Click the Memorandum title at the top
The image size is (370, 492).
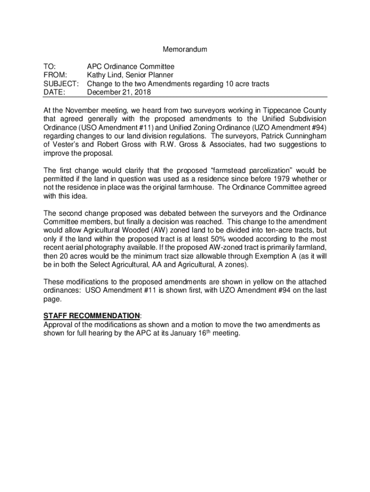[x=185, y=49]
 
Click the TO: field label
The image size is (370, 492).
[x=49, y=67]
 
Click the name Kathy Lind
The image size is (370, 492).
[x=104, y=75]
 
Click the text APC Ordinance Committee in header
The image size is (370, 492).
[x=130, y=67]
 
